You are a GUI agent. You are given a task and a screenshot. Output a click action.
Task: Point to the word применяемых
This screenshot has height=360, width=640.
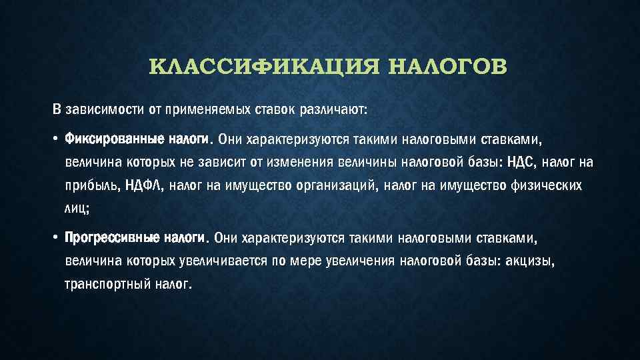pos(207,110)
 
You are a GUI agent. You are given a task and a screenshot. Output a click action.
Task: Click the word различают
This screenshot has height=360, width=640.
pos(333,110)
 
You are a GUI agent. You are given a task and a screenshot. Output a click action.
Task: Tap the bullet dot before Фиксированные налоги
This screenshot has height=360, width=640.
pos(55,139)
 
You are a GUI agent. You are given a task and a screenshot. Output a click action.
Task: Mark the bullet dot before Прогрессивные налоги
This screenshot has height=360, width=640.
pos(55,237)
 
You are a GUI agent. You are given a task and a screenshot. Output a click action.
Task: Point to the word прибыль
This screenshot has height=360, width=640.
pos(93,186)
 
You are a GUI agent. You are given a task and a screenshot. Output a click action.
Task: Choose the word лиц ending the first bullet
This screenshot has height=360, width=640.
pos(75,209)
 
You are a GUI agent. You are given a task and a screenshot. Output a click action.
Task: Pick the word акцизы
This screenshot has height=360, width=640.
pos(529,261)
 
